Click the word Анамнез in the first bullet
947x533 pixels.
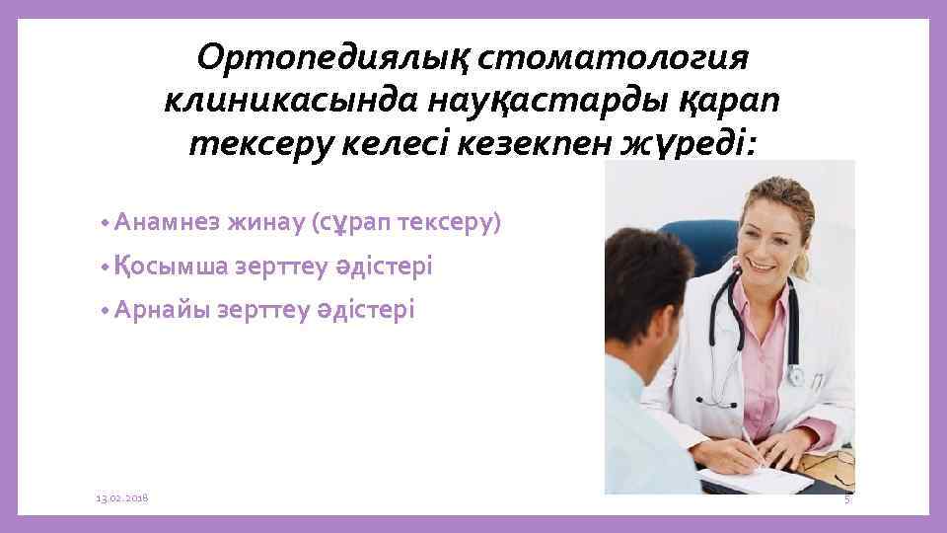(x=167, y=223)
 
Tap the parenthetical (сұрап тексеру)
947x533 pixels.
(x=406, y=223)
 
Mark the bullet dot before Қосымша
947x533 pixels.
(x=106, y=267)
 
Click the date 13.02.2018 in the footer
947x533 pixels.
(x=121, y=500)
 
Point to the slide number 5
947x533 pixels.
(x=846, y=501)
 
